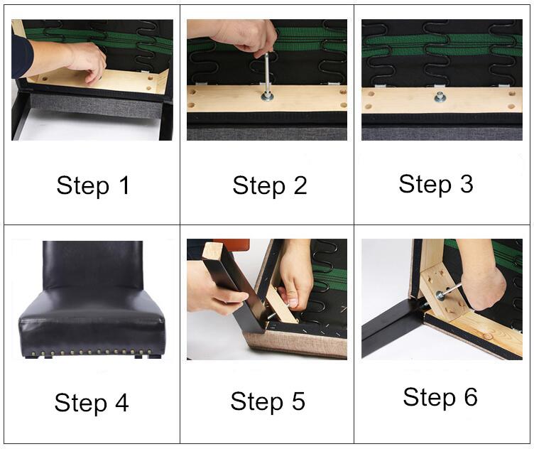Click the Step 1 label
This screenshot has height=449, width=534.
[93, 186]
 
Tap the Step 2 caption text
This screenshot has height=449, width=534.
[270, 185]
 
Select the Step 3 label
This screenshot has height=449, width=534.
[436, 184]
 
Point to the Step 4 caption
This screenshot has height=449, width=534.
[92, 403]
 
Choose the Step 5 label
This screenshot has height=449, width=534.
[268, 401]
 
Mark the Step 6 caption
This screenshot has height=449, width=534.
[440, 397]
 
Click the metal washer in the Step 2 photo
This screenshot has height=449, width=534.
[267, 97]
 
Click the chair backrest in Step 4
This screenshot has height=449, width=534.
[92, 265]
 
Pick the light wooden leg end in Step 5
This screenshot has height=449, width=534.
[212, 251]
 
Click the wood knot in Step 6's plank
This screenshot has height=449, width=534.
[488, 336]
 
